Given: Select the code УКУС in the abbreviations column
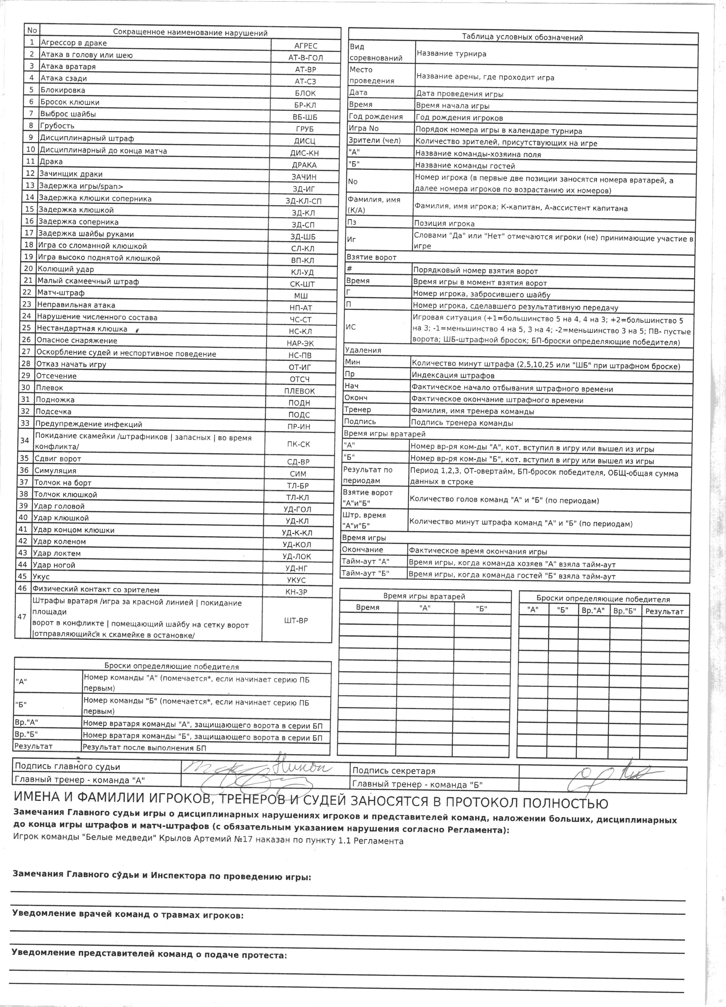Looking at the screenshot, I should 296,580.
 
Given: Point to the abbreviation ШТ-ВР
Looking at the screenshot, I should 296,620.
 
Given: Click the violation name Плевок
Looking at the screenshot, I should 49,388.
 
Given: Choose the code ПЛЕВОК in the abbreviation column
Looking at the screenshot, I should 299,391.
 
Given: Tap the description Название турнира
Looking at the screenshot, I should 451,54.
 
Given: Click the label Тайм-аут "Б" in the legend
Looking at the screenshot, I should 365,573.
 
